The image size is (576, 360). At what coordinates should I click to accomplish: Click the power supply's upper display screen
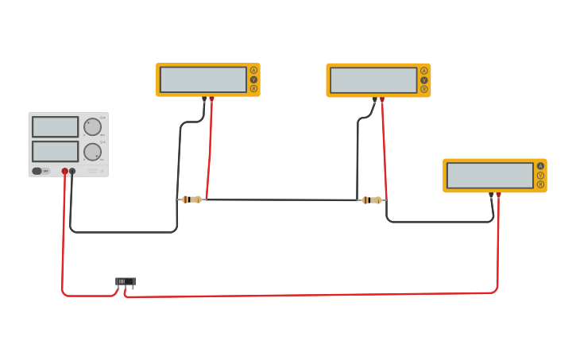pyautogui.click(x=55, y=126)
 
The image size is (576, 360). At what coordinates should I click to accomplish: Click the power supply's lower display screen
pyautogui.click(x=55, y=151)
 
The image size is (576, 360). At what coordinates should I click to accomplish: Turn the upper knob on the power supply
pyautogui.click(x=93, y=126)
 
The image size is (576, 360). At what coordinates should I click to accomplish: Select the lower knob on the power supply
pyautogui.click(x=93, y=152)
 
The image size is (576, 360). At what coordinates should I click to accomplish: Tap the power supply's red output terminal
pyautogui.click(x=65, y=171)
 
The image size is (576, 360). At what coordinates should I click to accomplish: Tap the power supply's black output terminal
pyautogui.click(x=72, y=171)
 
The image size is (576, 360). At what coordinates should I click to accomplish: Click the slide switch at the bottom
pyautogui.click(x=125, y=281)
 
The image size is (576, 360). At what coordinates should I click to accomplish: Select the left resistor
pyautogui.click(x=191, y=199)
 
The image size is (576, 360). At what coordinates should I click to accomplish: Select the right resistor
pyautogui.click(x=371, y=200)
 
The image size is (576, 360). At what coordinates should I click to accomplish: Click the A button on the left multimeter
pyautogui.click(x=254, y=70)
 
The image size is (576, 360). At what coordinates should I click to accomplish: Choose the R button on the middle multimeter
pyautogui.click(x=424, y=89)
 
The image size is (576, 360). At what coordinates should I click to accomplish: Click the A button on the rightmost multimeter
pyautogui.click(x=541, y=166)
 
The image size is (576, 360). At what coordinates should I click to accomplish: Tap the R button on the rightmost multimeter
pyautogui.click(x=541, y=184)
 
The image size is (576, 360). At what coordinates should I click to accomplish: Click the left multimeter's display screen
pyautogui.click(x=203, y=79)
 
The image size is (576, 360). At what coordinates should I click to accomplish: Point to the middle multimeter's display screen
pyautogui.click(x=373, y=80)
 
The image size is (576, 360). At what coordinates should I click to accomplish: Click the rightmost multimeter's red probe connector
pyautogui.click(x=498, y=195)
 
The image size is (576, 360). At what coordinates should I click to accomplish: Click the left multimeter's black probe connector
pyautogui.click(x=204, y=99)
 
